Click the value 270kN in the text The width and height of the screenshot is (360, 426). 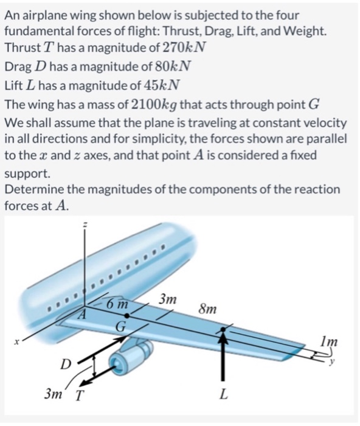click(x=186, y=47)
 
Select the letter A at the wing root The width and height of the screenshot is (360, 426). click(x=85, y=314)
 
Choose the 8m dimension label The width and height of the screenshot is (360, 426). click(x=207, y=309)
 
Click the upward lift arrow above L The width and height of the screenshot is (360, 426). click(x=224, y=359)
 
